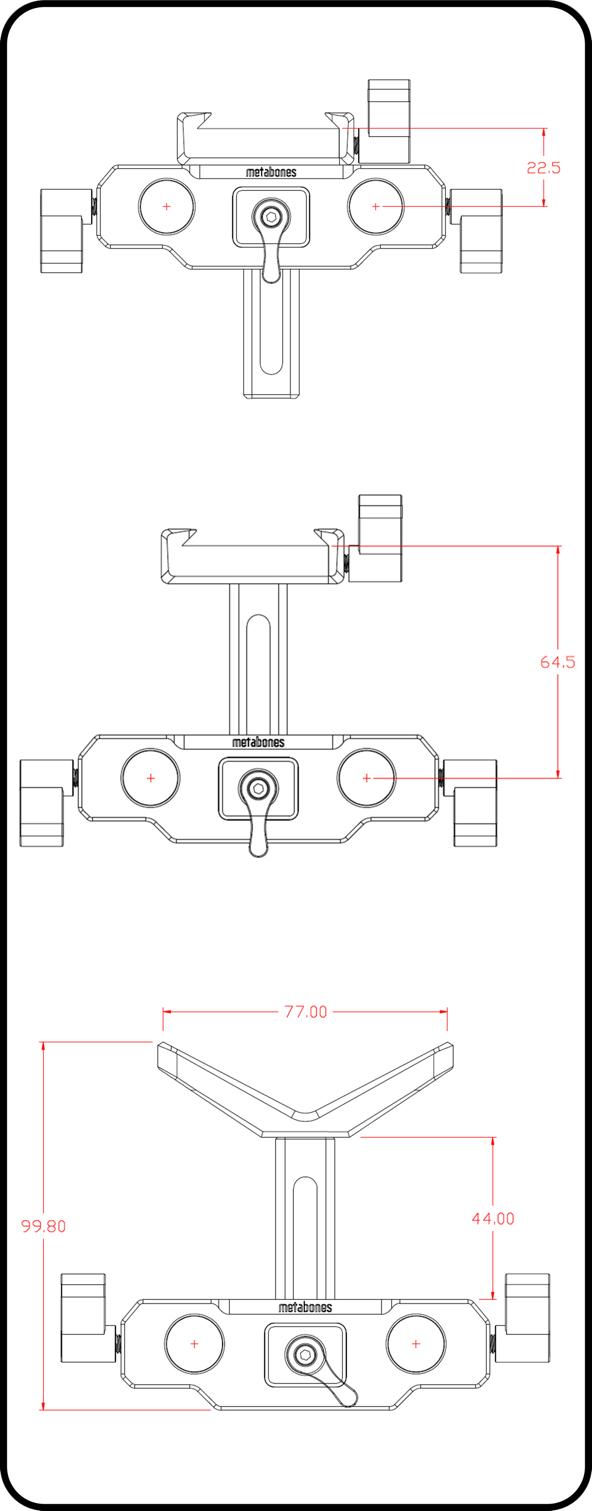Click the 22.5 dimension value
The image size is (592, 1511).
pos(543,168)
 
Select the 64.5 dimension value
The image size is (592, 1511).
pos(557,662)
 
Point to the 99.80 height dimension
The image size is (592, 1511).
pos(43,1226)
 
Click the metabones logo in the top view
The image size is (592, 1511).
pos(271,172)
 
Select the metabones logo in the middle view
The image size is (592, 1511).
pos(258,742)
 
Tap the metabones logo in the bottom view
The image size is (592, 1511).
pos(305,1307)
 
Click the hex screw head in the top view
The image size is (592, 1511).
pos(271,217)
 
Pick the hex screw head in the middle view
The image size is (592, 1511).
pos(258,788)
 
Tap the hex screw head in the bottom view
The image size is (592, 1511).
pos(304,1354)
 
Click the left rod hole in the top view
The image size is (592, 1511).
pos(167,207)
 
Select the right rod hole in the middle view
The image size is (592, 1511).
pos(367,778)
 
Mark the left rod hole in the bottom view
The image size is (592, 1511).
pos(194,1344)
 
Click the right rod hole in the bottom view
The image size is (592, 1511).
pos(416,1344)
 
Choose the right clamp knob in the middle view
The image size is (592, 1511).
pos(471,803)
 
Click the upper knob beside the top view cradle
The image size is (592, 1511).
pos(384,121)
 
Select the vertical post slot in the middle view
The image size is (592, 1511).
pos(258,675)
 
